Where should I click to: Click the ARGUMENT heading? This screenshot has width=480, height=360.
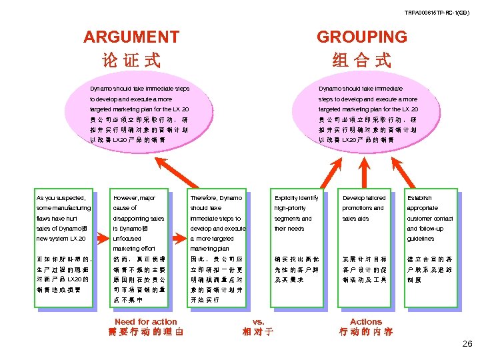(x=131, y=37)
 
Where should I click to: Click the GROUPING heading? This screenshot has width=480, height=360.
(x=361, y=37)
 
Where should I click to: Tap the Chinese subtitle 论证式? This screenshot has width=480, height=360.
(x=131, y=61)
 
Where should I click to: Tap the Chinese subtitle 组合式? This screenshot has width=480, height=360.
(x=361, y=61)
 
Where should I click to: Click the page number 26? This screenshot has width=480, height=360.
(x=466, y=344)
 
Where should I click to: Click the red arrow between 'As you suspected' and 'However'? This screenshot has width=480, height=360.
(x=102, y=237)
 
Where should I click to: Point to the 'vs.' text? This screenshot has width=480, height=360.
(x=259, y=321)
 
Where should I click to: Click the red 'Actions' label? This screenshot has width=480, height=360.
(x=366, y=321)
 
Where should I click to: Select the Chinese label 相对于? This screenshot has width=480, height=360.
(x=259, y=332)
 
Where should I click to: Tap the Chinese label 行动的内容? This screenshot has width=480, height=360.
(x=366, y=332)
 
